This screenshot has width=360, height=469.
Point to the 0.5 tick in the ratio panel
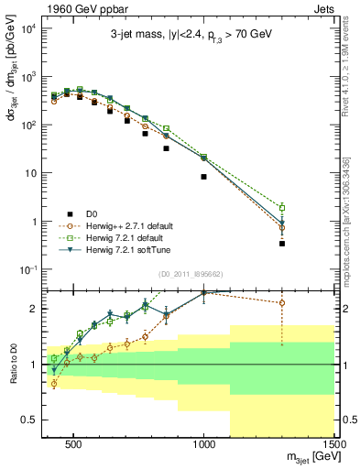click(36, 420)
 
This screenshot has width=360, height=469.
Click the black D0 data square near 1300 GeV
click(282, 244)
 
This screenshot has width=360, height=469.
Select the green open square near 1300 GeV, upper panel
click(282, 208)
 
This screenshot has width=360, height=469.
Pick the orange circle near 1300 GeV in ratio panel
click(282, 302)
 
